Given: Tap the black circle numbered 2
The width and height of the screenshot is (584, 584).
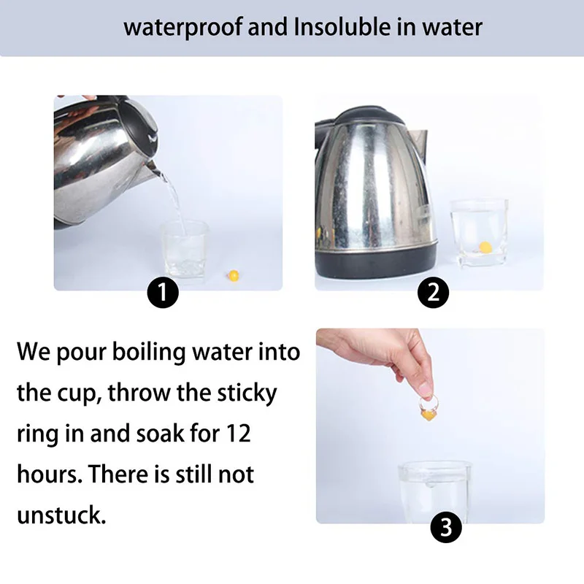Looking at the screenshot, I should click(x=433, y=293).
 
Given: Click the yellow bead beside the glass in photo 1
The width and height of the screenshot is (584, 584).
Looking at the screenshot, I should click(x=233, y=275).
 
